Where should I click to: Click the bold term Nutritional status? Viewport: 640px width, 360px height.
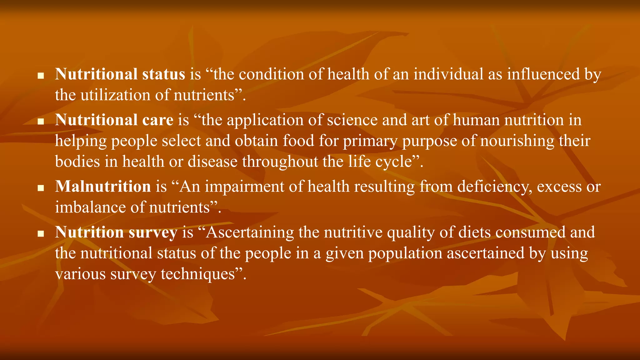120,74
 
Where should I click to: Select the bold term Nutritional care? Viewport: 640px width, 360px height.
114,120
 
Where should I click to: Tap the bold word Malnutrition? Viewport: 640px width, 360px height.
103,187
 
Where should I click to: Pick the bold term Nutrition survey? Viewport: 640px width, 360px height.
116,232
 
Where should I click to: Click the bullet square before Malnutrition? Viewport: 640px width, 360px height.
40,188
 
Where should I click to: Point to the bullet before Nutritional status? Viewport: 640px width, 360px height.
40,76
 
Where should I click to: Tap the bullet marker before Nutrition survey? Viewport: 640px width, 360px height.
40,234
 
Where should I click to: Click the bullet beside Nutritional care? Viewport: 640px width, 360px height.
40,122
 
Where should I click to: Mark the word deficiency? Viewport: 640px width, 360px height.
495,187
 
